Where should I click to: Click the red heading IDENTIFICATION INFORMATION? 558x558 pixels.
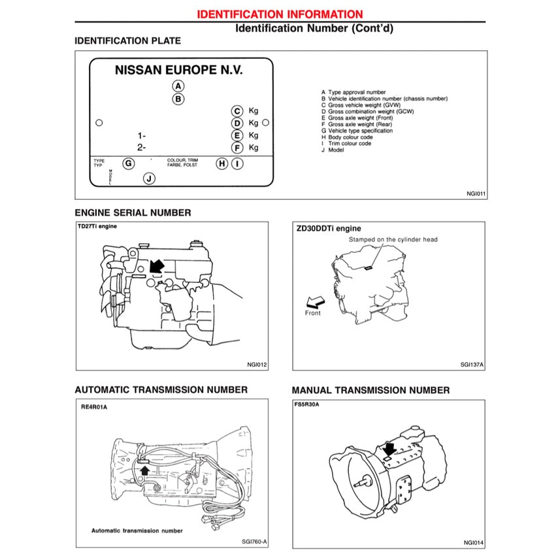[280, 14]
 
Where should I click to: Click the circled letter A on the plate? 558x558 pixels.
[178, 86]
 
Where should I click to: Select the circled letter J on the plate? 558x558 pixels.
[149, 178]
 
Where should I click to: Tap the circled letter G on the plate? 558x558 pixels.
[129, 163]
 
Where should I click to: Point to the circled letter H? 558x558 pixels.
[222, 163]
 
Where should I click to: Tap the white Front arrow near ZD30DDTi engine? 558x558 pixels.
[315, 301]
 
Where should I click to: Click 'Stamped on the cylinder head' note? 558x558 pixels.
[393, 240]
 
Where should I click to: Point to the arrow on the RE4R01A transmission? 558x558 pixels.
[144, 468]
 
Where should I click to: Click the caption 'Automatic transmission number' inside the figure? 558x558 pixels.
[137, 531]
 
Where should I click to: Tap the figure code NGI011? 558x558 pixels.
[476, 194]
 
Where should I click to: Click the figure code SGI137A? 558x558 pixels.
[472, 366]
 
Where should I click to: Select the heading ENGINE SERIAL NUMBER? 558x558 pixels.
[133, 213]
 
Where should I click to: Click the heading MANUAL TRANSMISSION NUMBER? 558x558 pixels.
[370, 391]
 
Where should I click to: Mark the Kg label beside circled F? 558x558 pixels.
[254, 148]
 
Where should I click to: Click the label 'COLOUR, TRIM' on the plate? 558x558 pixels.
[182, 160]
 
